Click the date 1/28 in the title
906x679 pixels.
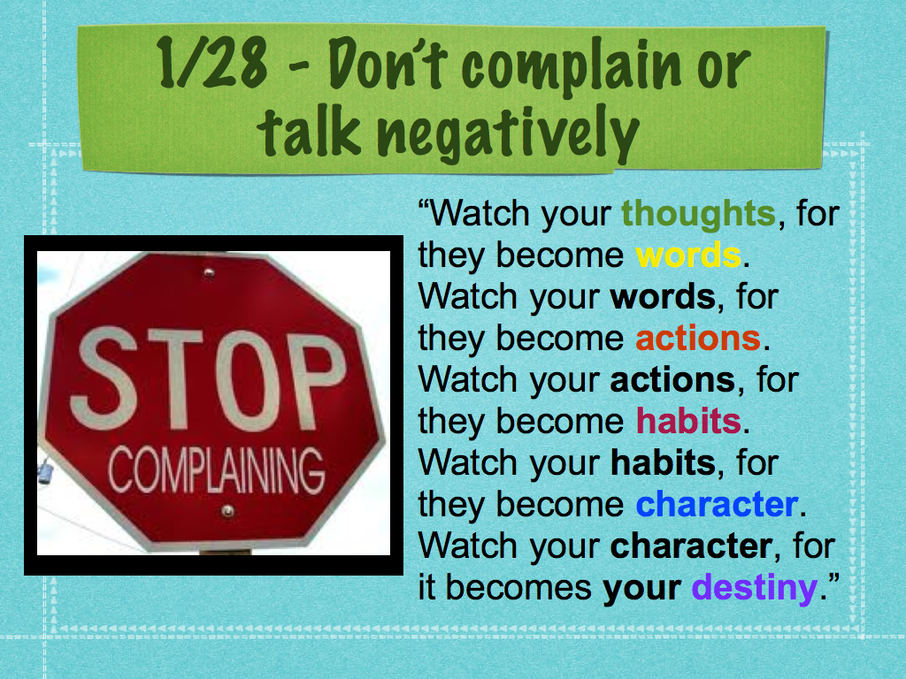tap(212, 63)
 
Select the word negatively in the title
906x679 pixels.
tap(509, 135)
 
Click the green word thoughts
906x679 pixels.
tap(698, 214)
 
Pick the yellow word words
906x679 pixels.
tap(687, 256)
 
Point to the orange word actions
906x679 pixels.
tap(698, 339)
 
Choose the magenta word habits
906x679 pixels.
tap(688, 420)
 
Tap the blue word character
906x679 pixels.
tap(717, 505)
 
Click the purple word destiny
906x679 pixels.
tap(754, 589)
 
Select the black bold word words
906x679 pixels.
tap(663, 297)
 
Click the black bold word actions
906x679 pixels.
tap(672, 380)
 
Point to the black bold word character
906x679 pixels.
tap(692, 546)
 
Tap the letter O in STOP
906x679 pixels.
tap(248, 381)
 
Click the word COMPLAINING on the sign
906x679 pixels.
tap(216, 470)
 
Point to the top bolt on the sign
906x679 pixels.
tap(209, 272)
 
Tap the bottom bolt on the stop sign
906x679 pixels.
tap(228, 511)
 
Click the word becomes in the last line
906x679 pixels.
tap(518, 588)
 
